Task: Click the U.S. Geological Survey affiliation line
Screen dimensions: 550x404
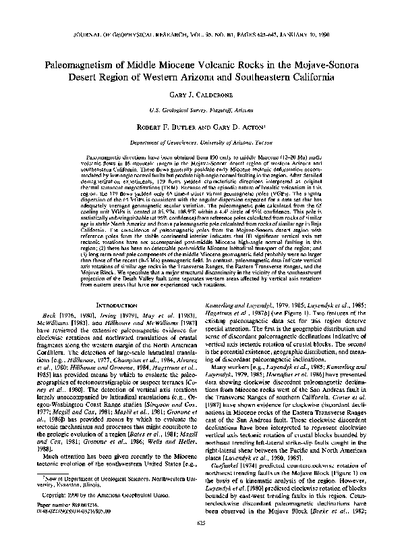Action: coord(202,109)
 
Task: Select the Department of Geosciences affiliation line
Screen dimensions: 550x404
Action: coord(202,143)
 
